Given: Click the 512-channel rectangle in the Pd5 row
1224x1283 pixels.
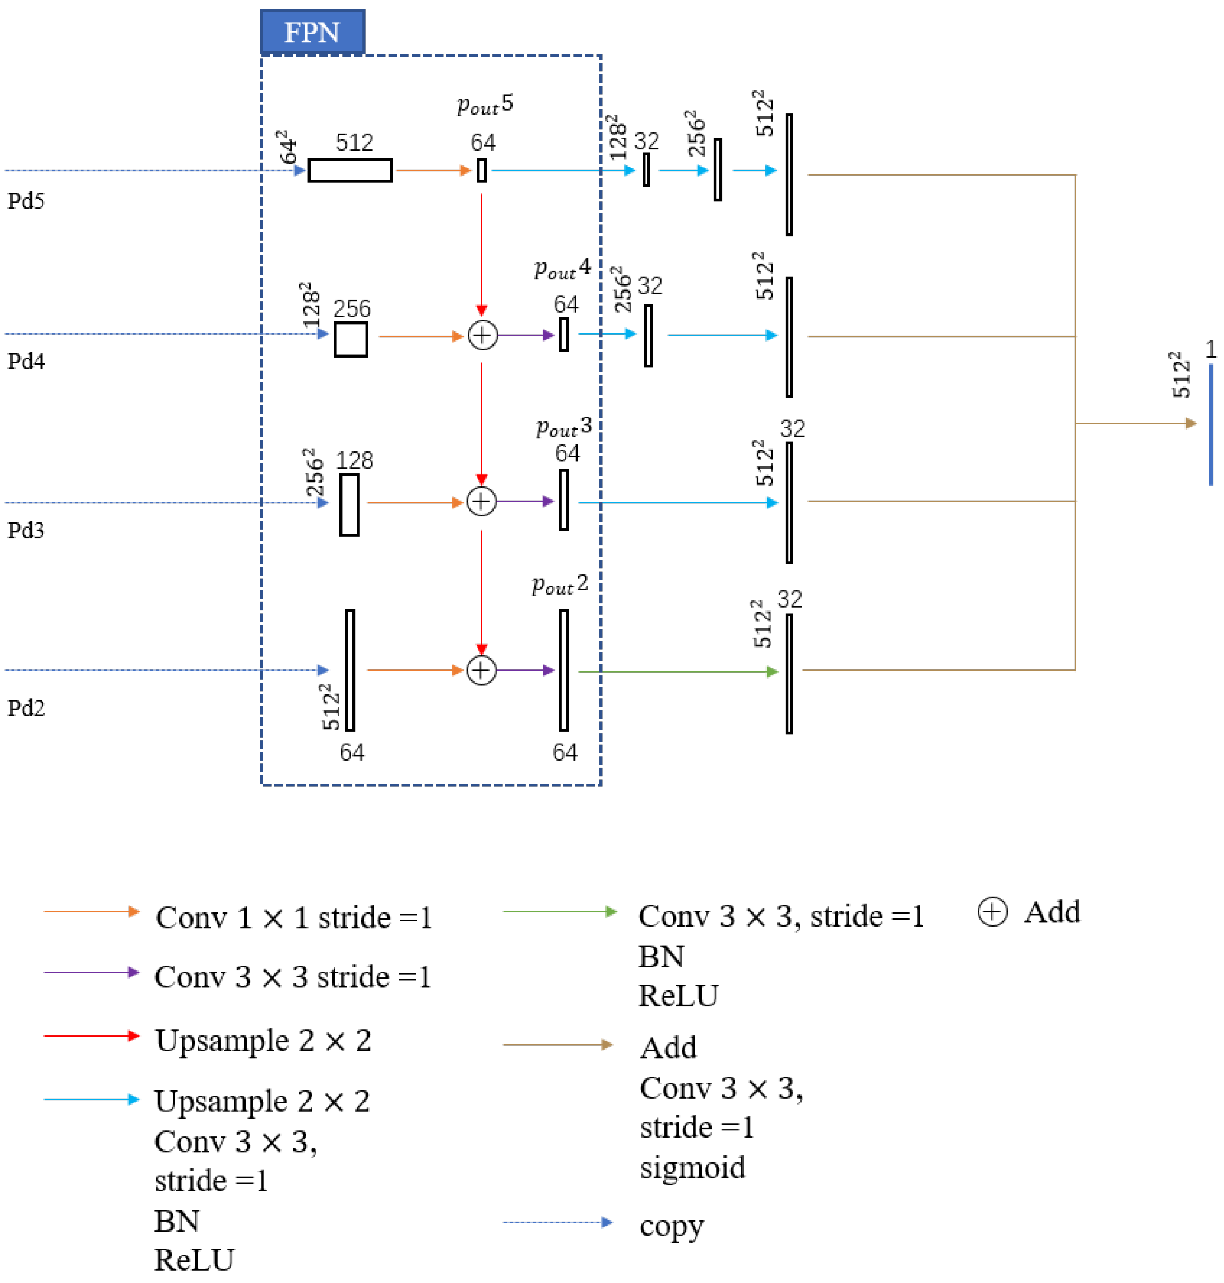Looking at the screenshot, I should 350,170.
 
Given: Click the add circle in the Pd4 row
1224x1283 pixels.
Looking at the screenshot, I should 482,335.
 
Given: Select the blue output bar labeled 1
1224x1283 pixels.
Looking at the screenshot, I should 1210,424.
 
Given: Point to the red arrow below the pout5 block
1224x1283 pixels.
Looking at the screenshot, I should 482,255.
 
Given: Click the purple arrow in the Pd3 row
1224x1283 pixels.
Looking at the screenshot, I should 526,501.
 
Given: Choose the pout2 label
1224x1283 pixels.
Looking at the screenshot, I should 560,584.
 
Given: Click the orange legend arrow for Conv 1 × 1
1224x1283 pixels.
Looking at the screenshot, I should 91,911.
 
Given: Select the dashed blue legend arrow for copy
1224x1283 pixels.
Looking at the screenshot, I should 557,1223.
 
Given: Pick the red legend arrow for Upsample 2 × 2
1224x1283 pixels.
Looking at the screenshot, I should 91,1036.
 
